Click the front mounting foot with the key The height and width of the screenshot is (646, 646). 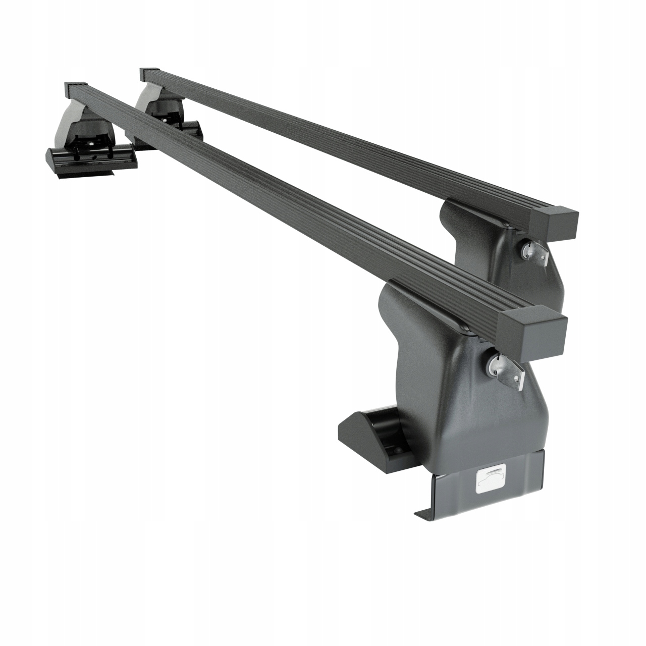[444, 384]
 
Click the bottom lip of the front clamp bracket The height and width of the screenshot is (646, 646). [429, 515]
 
